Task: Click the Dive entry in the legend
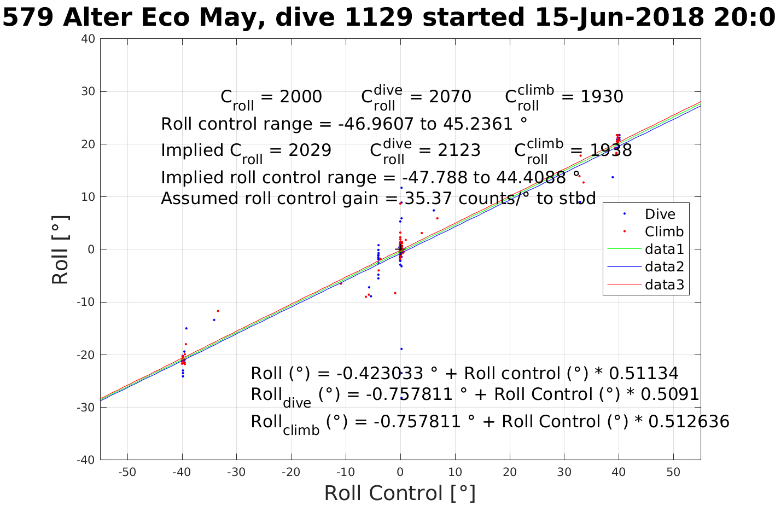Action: coord(660,214)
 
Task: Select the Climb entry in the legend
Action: coord(663,232)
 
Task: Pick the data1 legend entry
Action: coord(664,249)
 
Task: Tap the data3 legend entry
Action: coord(664,284)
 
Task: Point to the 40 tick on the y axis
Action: coord(89,39)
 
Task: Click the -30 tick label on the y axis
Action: coord(86,408)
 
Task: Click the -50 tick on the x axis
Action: coord(127,472)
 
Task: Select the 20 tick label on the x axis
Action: coord(510,472)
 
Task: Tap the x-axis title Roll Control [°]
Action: coord(400,493)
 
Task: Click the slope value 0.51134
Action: coord(643,374)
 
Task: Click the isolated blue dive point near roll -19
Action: coord(401,349)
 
